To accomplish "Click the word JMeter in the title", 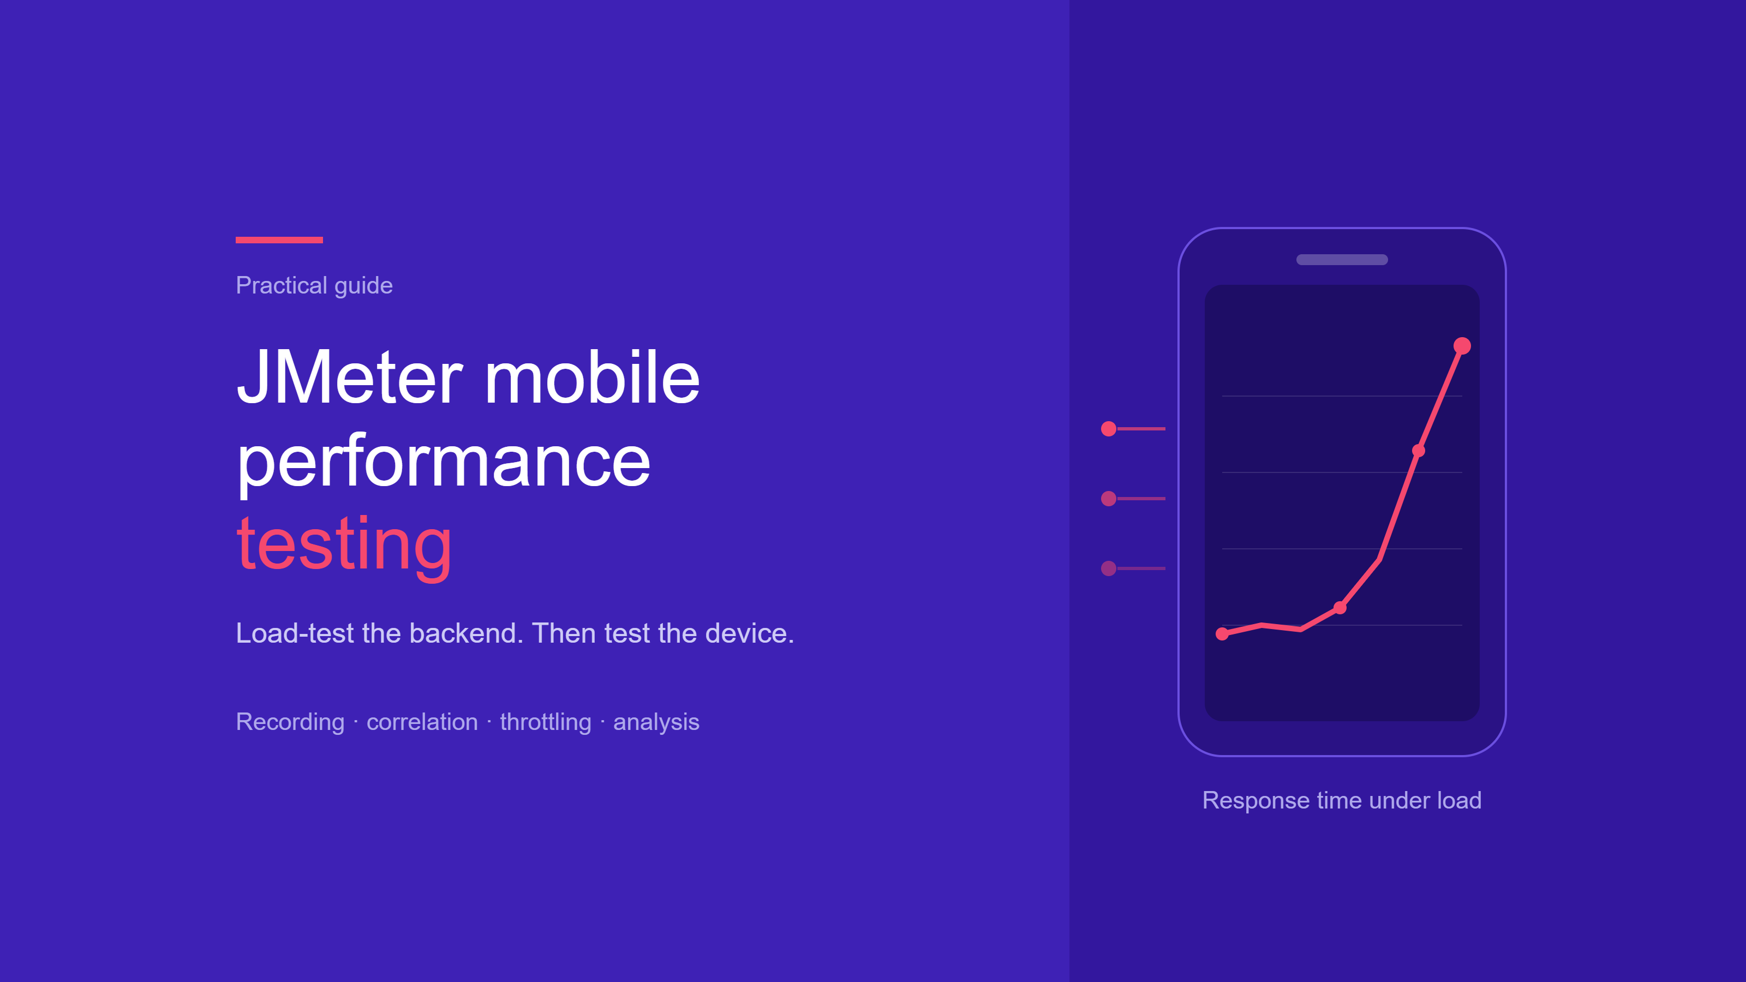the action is [350, 377].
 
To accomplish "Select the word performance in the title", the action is [443, 463].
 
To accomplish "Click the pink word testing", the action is [344, 546].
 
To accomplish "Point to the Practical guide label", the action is [314, 285].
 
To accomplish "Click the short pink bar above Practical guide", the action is [279, 240].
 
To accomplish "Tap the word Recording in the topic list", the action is [290, 722].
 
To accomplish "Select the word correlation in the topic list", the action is [422, 722].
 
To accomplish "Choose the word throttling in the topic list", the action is [546, 722].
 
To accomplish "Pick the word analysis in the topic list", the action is [656, 722].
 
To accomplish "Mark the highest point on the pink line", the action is [1462, 346].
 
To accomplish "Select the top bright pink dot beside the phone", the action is [1109, 429].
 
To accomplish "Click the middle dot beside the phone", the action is [1109, 499].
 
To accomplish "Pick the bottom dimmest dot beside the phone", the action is [1109, 568].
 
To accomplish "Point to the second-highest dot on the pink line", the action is [1419, 451].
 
